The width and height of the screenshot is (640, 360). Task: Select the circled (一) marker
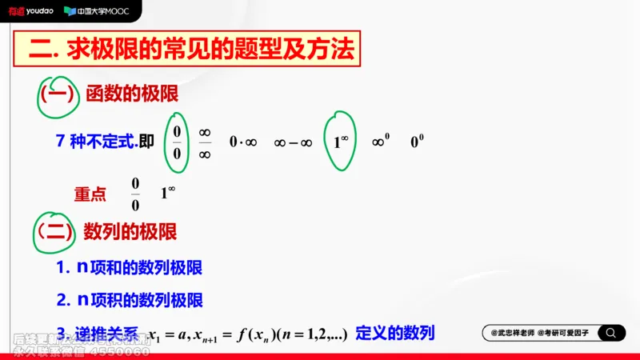click(x=57, y=94)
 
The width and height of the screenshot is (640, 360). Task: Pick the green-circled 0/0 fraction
click(x=178, y=142)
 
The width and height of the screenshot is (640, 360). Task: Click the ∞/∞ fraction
click(x=205, y=142)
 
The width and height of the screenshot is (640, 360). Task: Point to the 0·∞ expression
click(x=242, y=142)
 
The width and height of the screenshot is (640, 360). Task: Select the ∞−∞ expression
click(x=292, y=142)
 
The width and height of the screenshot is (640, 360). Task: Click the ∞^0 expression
click(x=381, y=142)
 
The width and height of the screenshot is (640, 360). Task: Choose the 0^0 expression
click(x=417, y=142)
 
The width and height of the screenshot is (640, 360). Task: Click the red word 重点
click(x=90, y=194)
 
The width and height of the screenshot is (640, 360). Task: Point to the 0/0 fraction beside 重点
click(x=135, y=194)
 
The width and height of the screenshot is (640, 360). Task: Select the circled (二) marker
click(x=54, y=232)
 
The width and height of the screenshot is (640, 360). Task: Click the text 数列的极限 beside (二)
click(x=130, y=232)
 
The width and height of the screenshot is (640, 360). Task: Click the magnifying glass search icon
click(x=611, y=333)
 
